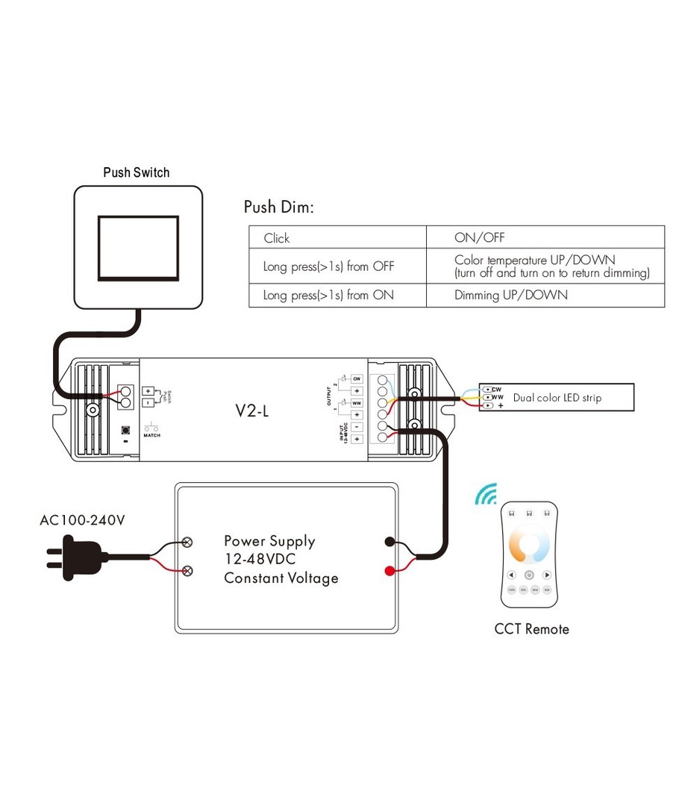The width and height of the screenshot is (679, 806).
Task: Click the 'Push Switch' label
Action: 136,172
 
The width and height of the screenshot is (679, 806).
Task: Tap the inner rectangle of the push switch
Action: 138,248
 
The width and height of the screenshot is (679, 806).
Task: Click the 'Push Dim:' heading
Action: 278,207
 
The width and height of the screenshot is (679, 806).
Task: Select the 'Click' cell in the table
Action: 276,238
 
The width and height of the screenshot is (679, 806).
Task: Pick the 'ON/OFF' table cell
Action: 479,238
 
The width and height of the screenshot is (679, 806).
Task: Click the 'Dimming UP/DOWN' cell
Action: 510,295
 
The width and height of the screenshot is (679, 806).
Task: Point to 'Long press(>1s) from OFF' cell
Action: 328,266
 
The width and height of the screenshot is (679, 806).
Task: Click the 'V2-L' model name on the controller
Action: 251,410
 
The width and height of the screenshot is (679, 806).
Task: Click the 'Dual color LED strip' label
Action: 557,398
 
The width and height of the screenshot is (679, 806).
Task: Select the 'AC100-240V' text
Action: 82,520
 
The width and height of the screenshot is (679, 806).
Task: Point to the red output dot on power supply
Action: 389,572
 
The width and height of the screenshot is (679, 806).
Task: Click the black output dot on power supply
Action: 389,542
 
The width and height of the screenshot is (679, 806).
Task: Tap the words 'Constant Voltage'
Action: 281,578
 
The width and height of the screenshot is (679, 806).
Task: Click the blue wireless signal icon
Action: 486,493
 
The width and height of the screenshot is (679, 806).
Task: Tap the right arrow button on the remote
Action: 547,575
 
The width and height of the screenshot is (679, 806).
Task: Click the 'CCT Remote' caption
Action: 531,629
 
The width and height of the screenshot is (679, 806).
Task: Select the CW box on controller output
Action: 357,378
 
